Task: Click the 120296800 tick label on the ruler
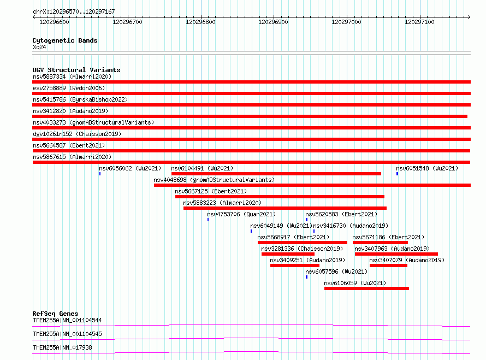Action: point(200,22)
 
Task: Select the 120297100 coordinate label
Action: point(419,22)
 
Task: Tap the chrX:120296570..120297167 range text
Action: point(74,11)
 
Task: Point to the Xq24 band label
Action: point(39,47)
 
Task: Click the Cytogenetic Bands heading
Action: point(65,40)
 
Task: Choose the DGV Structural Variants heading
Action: point(76,70)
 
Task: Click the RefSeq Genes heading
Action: point(55,314)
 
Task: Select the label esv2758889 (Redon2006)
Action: point(69,88)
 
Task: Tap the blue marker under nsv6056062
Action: point(100,174)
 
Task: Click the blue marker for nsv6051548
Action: point(397,174)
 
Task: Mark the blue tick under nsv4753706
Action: point(208,220)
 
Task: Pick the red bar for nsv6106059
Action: point(366,288)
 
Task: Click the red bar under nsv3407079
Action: point(388,265)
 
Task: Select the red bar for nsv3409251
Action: point(295,265)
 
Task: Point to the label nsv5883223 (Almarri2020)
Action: point(222,203)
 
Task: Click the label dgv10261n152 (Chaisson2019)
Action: point(77,134)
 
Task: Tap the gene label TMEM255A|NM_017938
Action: point(62,347)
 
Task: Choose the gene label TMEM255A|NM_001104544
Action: point(67,320)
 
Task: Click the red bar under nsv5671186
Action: point(380,243)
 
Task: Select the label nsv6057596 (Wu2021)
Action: point(336,272)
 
